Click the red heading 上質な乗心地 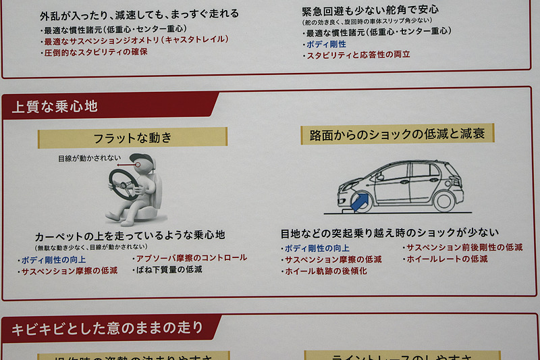click(55, 106)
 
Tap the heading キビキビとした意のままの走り click(108, 329)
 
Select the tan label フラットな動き click(132, 138)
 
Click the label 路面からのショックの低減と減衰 click(397, 134)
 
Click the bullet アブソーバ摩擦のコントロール click(191, 258)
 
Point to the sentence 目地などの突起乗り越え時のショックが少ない click(389, 234)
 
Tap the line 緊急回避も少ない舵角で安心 click(370, 10)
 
